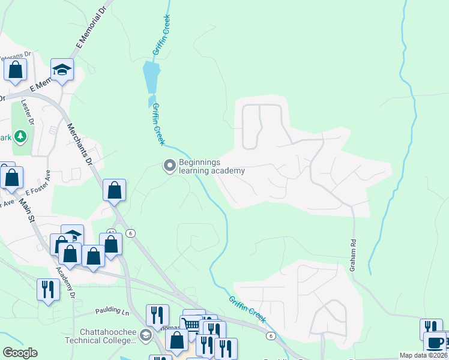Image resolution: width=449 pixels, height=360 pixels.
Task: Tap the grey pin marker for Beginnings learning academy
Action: (169, 165)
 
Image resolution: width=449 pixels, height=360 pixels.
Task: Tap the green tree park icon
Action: (21, 137)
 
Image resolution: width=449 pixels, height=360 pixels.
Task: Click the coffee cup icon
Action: (435, 343)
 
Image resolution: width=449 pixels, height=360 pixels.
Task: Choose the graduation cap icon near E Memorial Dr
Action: (62, 70)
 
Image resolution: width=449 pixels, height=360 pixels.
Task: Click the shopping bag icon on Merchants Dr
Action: (114, 190)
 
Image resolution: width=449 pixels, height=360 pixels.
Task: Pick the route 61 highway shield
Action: (111, 232)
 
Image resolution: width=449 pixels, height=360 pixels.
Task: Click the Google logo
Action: (20, 352)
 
